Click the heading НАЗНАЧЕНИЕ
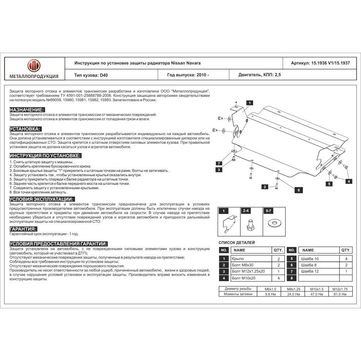tap(27, 109)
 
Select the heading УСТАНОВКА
tap(25, 129)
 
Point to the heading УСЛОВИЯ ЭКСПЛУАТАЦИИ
tap(42, 199)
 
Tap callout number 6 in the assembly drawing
tap(299, 190)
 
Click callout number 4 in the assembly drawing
tap(349, 181)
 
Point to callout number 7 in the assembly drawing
tap(218, 163)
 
